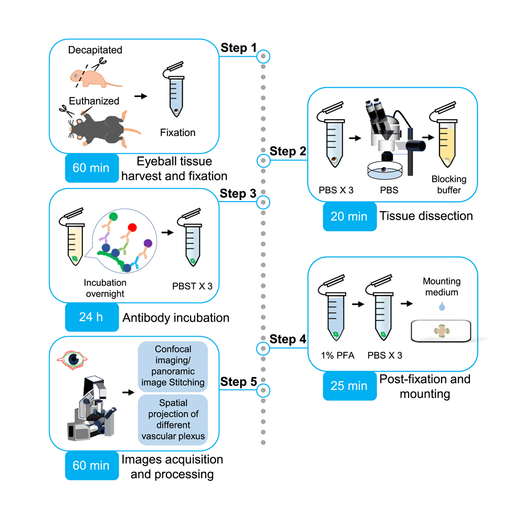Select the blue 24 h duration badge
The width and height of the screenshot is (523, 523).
[x=90, y=317]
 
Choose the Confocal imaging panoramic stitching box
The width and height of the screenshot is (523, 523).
[x=172, y=365]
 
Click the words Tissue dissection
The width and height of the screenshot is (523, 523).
[x=426, y=216]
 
